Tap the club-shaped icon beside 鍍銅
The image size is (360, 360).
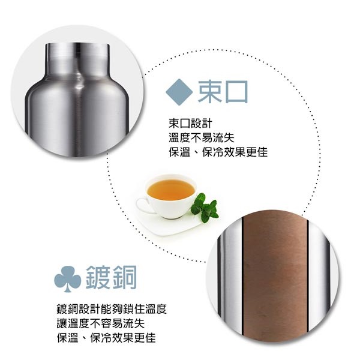coord(67,278)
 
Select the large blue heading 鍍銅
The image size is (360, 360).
coord(112,278)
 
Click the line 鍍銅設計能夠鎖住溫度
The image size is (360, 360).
coord(111,310)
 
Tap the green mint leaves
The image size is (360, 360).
coord(205,207)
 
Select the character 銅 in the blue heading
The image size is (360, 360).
coord(125,278)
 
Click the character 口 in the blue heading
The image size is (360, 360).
coord(236,91)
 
